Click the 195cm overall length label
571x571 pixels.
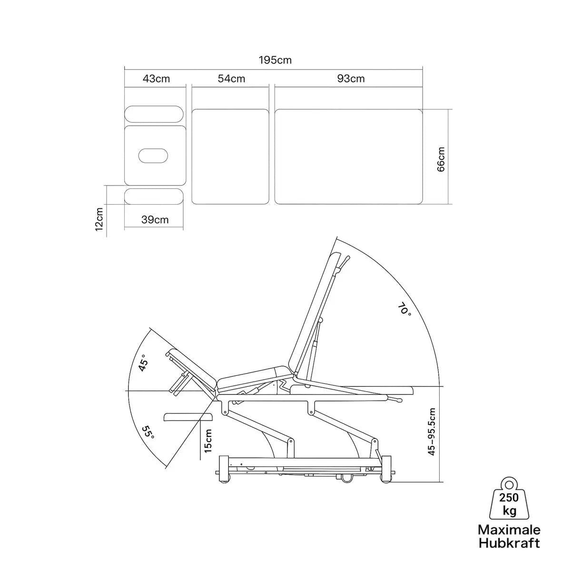coord(275,60)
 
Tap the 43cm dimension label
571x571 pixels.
coord(156,79)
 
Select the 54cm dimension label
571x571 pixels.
coord(231,79)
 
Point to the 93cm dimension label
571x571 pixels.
coord(351,79)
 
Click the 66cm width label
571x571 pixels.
coord(441,159)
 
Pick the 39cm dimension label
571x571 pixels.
coord(155,219)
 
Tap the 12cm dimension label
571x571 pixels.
coord(99,219)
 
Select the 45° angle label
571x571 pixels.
coord(143,363)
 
